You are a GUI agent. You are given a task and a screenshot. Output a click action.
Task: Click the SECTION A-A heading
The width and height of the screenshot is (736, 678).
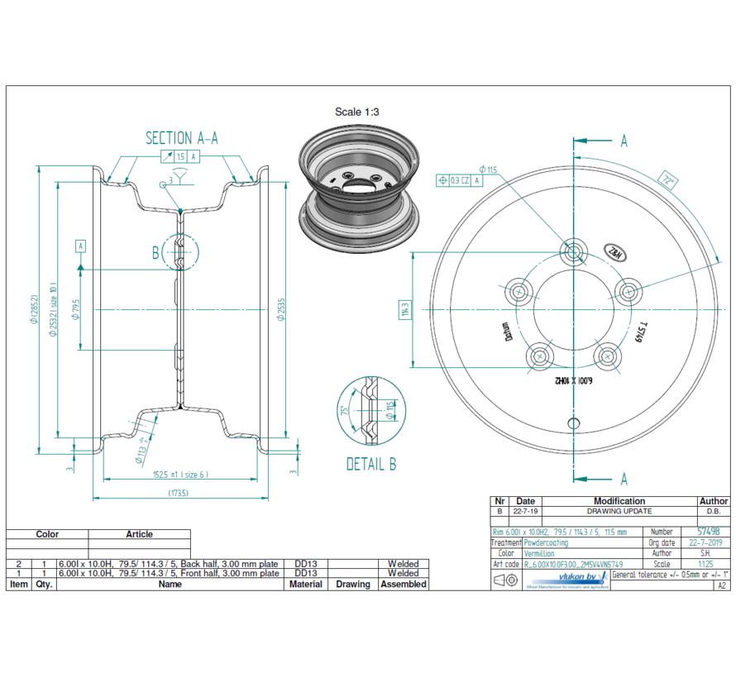coord(182,138)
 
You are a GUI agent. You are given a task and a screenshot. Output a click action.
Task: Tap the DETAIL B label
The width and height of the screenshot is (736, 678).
coord(370,465)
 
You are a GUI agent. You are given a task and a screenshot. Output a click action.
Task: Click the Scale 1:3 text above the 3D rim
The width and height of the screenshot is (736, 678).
coord(356,112)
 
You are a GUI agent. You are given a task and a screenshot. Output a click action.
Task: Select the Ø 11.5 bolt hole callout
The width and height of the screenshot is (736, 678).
coord(488,169)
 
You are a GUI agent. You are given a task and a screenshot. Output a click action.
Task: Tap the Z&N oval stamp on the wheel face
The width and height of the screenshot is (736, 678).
coord(616,253)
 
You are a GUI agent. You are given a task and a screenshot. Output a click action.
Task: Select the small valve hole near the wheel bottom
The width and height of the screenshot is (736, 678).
coord(572,423)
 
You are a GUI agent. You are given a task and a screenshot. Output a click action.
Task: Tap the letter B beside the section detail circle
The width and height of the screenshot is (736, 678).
coord(155,253)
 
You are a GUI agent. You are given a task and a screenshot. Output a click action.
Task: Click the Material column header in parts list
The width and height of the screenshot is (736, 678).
coord(305,584)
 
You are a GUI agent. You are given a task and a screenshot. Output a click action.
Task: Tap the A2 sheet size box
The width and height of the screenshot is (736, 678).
coord(721,585)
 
